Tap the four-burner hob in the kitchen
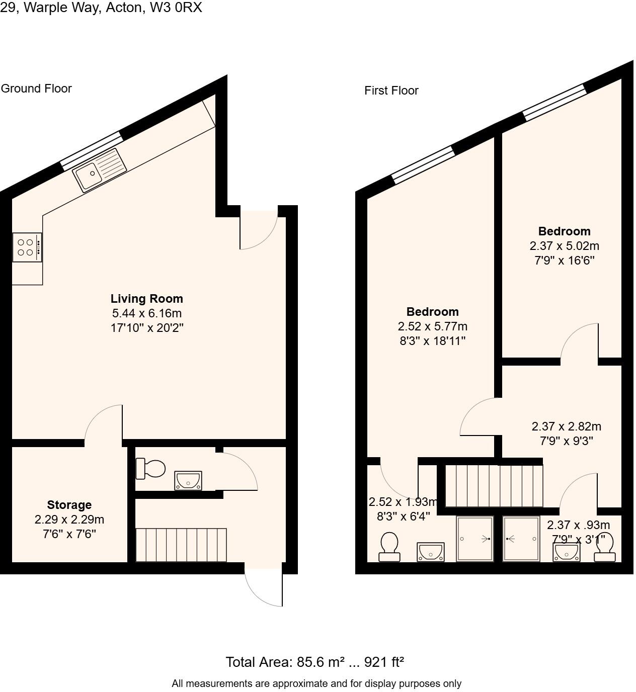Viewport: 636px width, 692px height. (x=27, y=247)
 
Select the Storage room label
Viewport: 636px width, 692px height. (x=69, y=505)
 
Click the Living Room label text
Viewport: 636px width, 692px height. (x=146, y=299)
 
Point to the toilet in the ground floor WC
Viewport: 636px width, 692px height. (x=150, y=469)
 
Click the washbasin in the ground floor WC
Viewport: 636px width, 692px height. (x=188, y=481)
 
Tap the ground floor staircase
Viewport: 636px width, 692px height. (x=181, y=545)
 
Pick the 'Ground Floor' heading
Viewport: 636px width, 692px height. (x=36, y=89)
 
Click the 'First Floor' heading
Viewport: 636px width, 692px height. (x=391, y=91)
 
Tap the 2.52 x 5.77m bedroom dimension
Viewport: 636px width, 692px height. (x=432, y=326)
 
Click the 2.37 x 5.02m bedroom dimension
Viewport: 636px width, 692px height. (x=564, y=246)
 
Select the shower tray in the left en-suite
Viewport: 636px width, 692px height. (x=474, y=539)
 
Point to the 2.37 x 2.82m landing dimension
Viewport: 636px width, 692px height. (x=566, y=426)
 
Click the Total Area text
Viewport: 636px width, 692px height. (x=314, y=662)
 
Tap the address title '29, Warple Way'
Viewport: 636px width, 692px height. (x=101, y=8)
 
